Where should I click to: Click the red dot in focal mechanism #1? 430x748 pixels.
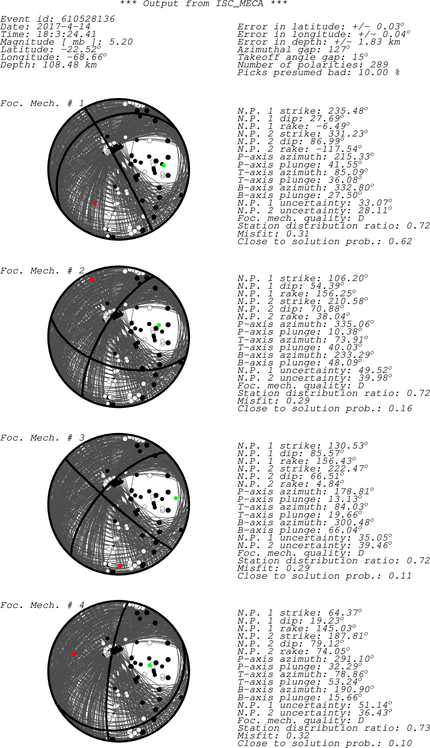coord(95,203)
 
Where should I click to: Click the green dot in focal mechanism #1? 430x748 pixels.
coord(164,165)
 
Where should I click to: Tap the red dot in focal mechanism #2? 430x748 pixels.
coord(92,279)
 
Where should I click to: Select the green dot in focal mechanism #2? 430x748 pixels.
coord(159,325)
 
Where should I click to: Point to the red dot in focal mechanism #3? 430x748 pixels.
coord(120,566)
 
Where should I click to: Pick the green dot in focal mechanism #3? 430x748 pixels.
coord(176,498)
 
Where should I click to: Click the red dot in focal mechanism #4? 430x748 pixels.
coord(74,654)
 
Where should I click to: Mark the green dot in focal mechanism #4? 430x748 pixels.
coord(149,665)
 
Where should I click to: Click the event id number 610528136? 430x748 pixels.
coord(88,19)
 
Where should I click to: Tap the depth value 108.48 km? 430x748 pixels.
coord(70,65)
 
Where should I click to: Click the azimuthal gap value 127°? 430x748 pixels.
coord(337,50)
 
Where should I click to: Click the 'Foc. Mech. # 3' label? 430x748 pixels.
coord(43,438)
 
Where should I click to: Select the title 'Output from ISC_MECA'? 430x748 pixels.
coord(203,4)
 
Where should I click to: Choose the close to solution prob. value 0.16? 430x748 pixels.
coord(400,409)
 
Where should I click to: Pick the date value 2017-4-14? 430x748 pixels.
coord(63,27)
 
